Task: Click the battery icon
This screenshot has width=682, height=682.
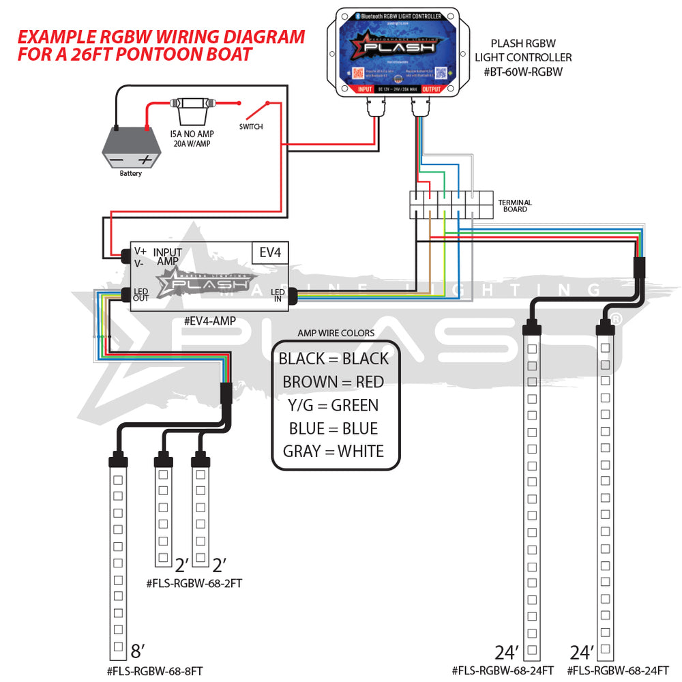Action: click(x=130, y=146)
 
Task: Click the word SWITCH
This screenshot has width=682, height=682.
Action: click(x=250, y=127)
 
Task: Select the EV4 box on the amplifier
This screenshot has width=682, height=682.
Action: click(x=270, y=252)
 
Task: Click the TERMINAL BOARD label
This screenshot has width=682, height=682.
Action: click(x=515, y=206)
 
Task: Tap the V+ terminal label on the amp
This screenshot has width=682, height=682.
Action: click(x=140, y=251)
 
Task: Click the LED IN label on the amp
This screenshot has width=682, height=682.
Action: click(x=278, y=295)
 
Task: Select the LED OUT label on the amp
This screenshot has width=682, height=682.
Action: click(x=141, y=295)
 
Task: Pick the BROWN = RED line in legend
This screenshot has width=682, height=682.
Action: click(x=333, y=382)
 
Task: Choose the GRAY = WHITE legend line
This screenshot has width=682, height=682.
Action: click(x=333, y=451)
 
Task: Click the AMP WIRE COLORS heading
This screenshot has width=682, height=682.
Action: click(x=336, y=333)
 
